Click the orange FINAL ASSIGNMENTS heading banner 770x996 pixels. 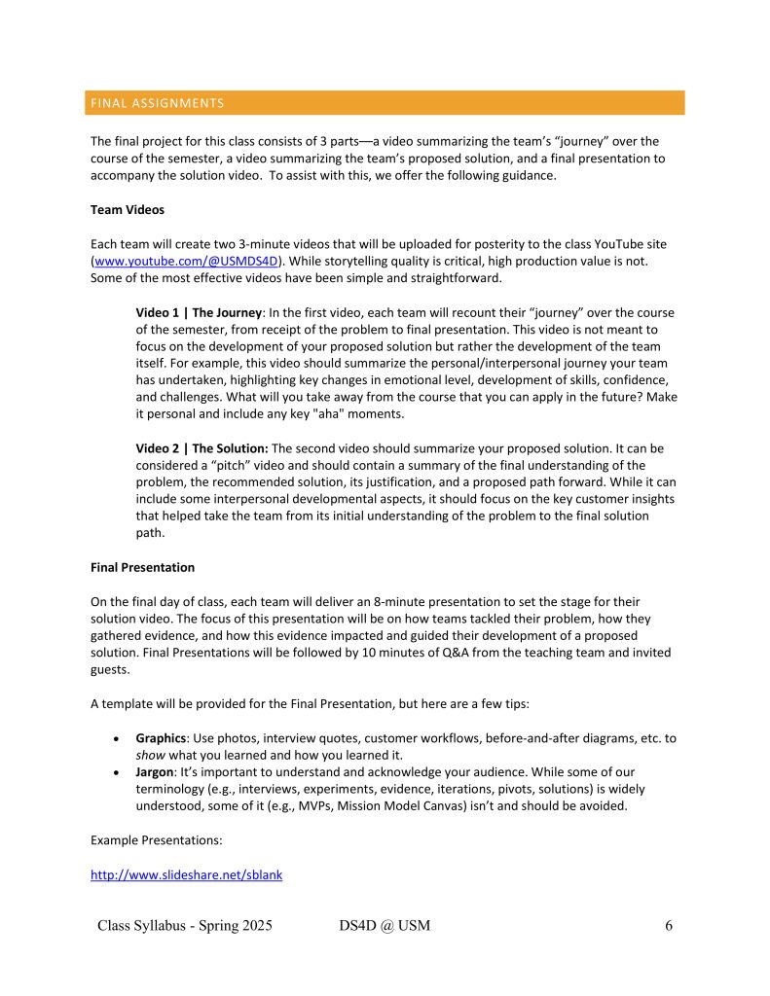click(x=385, y=103)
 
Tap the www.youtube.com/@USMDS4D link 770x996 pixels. click(x=185, y=262)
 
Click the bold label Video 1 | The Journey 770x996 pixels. click(x=199, y=312)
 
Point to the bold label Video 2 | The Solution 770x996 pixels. click(x=202, y=448)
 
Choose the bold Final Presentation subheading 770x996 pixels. click(x=142, y=567)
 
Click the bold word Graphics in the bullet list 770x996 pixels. click(x=162, y=738)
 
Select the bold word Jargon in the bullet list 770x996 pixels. click(x=156, y=773)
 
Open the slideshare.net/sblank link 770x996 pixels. click(x=186, y=874)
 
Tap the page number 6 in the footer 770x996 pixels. click(x=669, y=925)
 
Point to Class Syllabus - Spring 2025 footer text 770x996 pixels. click(x=185, y=925)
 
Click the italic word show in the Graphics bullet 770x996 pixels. click(x=151, y=756)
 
